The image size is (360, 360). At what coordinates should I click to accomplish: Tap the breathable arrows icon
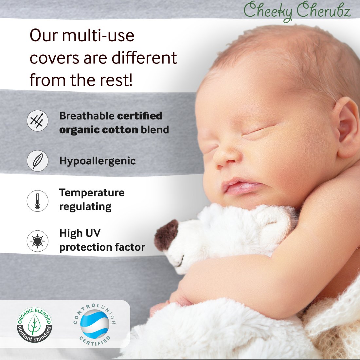coord(38,120)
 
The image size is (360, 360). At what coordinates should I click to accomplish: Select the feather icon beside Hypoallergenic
coord(38,161)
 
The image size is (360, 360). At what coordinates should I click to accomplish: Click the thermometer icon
coord(38,201)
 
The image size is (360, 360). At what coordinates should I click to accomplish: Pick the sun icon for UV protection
coord(38,241)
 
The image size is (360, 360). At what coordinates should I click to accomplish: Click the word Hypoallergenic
coord(98,161)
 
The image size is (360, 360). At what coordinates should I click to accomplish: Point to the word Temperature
coord(92,193)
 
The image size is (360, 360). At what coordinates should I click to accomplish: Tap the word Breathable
coord(87,116)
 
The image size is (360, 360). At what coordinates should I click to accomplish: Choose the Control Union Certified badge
coord(95,324)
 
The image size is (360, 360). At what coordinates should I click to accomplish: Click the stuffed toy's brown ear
coord(166,235)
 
